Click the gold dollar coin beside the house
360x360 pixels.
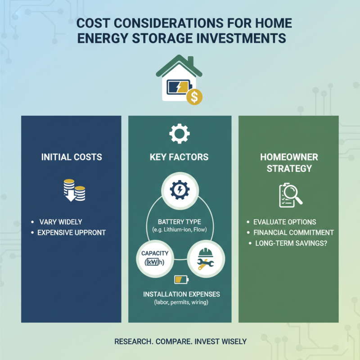coord(194,97)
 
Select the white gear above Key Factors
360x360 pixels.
coord(179,134)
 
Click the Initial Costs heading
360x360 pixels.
coord(72,157)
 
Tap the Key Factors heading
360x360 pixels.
coord(179,157)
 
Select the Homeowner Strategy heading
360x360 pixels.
coord(288,162)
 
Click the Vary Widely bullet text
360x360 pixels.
coord(60,222)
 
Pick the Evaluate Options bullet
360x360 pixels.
coord(284,222)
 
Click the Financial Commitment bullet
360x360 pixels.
coord(293,233)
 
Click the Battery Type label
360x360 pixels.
coord(180,222)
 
